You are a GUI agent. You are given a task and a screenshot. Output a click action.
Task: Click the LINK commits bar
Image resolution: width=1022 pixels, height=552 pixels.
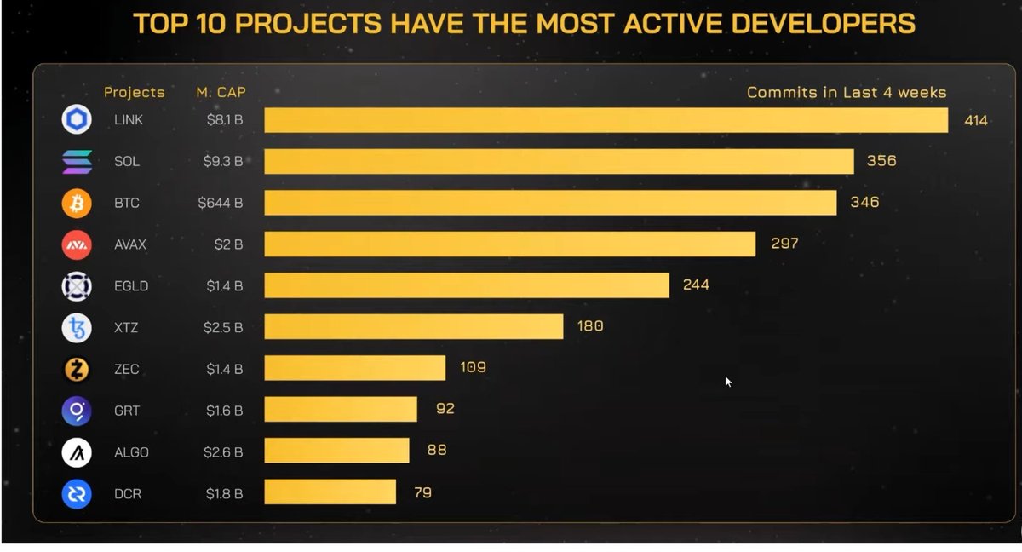(606, 120)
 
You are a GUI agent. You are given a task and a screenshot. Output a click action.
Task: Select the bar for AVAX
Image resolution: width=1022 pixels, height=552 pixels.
(509, 244)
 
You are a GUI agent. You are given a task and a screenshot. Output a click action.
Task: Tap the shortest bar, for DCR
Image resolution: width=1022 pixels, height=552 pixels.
(330, 492)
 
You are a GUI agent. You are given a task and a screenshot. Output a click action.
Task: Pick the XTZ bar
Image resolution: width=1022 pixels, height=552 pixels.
(414, 326)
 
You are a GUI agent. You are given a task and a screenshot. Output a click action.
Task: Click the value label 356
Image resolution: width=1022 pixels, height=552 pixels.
(881, 161)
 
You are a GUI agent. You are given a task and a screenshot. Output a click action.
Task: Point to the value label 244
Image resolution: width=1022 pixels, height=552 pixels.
(696, 285)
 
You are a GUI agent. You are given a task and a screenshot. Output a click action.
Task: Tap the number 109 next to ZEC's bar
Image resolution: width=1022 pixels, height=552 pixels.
(474, 367)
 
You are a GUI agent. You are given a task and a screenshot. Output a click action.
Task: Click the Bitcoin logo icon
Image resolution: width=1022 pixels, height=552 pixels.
(77, 204)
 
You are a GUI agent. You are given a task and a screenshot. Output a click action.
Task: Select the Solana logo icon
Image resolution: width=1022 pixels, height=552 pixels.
(77, 162)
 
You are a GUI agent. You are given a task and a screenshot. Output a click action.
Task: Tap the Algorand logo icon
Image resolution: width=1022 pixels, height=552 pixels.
(77, 452)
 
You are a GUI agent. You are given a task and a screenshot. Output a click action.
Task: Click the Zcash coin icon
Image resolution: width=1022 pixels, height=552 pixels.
(77, 370)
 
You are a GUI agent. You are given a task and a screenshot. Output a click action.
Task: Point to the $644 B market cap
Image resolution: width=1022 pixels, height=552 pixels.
(221, 203)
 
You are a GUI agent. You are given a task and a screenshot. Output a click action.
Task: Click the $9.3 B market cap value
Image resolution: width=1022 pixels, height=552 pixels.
(223, 161)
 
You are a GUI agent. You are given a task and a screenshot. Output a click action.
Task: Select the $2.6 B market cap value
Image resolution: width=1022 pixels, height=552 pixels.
(223, 452)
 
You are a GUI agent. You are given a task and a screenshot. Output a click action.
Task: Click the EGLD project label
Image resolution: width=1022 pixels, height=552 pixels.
(131, 286)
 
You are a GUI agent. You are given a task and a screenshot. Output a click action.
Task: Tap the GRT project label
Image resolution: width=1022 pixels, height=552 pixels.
(127, 411)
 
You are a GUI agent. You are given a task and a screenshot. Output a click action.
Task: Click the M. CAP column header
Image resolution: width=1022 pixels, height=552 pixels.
(221, 92)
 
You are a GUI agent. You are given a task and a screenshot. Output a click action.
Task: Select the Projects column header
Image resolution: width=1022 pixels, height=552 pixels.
(135, 93)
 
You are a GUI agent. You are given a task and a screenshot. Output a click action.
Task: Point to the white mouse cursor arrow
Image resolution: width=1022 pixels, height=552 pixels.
(728, 382)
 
